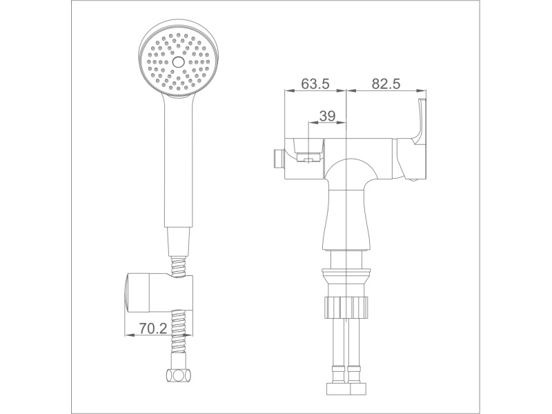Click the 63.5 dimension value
coord(315,83)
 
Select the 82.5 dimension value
coord(386,83)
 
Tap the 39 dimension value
coord(327,116)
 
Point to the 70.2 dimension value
coord(152,328)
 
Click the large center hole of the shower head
coord(179,62)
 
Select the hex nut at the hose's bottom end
coord(179,375)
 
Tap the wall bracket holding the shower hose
coord(159,292)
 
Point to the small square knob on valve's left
coord(278,158)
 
